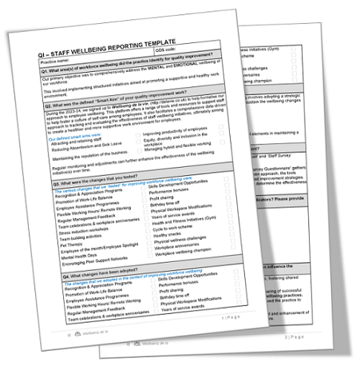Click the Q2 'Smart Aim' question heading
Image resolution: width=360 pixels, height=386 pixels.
[120, 104]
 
